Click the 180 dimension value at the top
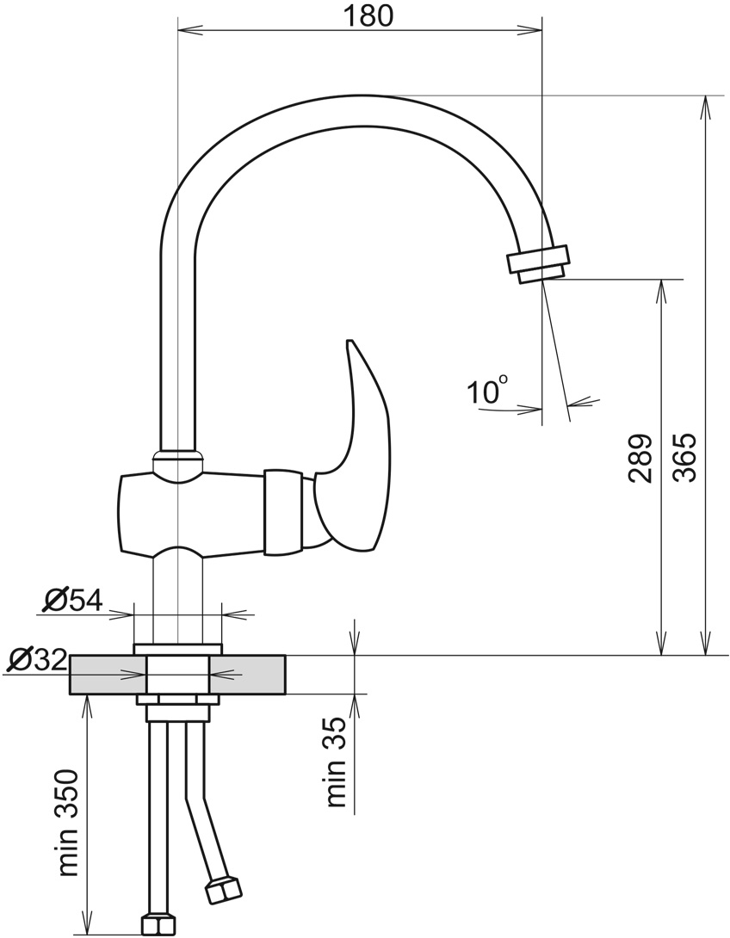click(368, 15)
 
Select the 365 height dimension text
click(684, 458)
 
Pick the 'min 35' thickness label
click(337, 762)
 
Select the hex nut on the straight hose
click(158, 925)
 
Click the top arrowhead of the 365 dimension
click(706, 107)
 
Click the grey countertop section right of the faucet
click(247, 675)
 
